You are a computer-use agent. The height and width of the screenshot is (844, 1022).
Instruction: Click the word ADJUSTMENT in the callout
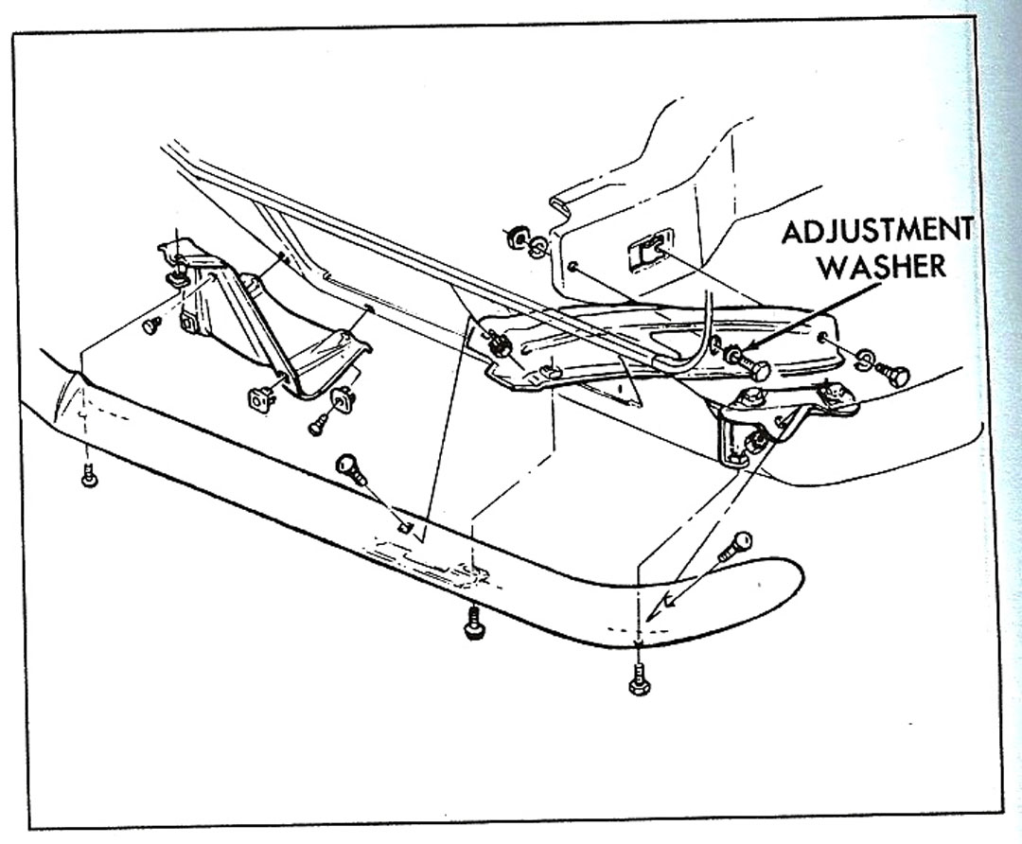876,231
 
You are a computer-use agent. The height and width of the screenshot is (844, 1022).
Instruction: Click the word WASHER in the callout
881,266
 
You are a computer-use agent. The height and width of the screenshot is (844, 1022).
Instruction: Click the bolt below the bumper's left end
88,475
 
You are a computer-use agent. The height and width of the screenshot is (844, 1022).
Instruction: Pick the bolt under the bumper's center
470,624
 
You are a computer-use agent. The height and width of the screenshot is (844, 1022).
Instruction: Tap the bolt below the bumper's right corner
640,678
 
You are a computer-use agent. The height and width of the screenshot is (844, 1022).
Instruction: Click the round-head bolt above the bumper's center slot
349,466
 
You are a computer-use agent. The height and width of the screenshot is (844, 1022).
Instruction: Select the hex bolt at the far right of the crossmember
891,373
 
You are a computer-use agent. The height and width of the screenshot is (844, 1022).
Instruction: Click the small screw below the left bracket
319,424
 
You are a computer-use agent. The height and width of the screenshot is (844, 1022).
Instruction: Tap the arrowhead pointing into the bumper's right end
669,602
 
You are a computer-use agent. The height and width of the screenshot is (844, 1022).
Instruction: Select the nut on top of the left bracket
176,275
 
